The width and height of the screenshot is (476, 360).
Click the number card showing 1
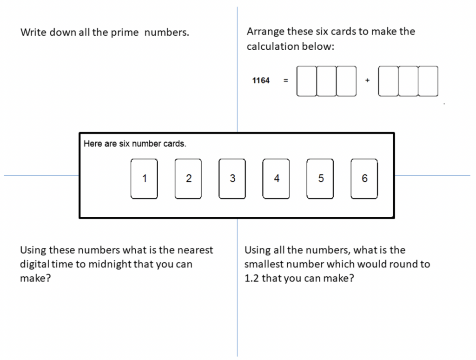[144, 179]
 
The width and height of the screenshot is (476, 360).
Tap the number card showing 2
[188, 179]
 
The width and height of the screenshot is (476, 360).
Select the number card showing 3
[232, 179]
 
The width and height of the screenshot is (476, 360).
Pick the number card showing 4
[276, 179]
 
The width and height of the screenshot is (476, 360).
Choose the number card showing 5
[320, 179]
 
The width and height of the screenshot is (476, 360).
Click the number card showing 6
[364, 179]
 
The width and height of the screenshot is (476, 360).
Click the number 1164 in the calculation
[261, 80]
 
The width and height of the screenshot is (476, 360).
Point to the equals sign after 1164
[286, 80]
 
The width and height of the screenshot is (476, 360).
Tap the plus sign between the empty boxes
[367, 80]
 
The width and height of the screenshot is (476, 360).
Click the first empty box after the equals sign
[307, 81]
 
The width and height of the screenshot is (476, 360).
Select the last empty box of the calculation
[428, 81]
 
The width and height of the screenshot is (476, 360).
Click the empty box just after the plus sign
[388, 81]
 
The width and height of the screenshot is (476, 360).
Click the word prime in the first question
[125, 33]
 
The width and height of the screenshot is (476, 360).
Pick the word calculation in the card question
[273, 46]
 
